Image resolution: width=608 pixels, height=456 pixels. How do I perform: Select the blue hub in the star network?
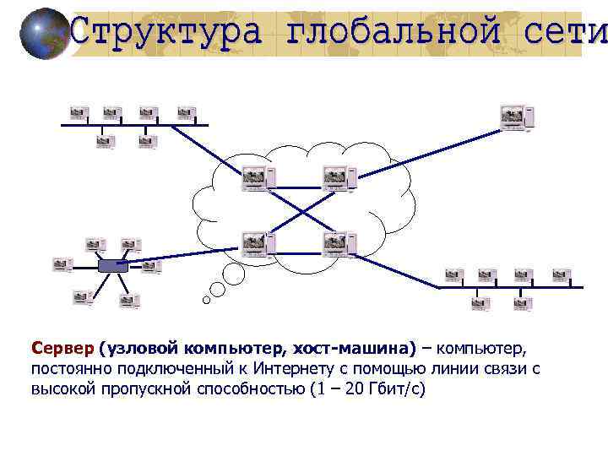[111, 266]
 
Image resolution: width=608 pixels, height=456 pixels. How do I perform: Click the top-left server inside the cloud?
[256, 178]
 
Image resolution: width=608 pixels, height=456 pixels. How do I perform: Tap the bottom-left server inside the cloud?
[257, 244]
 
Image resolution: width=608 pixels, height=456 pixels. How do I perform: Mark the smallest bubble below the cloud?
[206, 300]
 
